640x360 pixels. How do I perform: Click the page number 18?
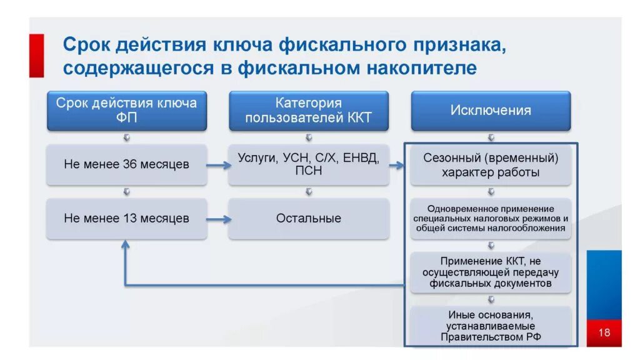pyautogui.click(x=604, y=332)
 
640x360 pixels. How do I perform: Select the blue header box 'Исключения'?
pyautogui.click(x=491, y=111)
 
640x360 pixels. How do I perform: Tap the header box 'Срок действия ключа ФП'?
pyautogui.click(x=127, y=111)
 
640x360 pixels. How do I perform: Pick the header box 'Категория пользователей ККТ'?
pyautogui.click(x=309, y=111)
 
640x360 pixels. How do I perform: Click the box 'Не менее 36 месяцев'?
pyautogui.click(x=127, y=165)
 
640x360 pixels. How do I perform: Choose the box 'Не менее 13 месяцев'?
pyautogui.click(x=127, y=219)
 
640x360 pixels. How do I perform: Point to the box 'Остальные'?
pyautogui.click(x=309, y=219)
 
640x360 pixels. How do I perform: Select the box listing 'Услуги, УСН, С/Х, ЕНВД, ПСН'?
pyautogui.click(x=309, y=164)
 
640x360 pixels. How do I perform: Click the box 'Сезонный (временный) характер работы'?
pyautogui.click(x=491, y=165)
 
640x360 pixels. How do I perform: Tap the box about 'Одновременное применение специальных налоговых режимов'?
pyautogui.click(x=491, y=219)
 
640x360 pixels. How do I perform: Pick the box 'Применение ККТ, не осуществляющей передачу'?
pyautogui.click(x=491, y=272)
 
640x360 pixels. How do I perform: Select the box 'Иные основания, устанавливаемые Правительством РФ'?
pyautogui.click(x=491, y=326)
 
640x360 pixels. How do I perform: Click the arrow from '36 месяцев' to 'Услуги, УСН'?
pyautogui.click(x=217, y=166)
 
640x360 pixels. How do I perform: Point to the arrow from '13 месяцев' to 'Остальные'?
pyautogui.click(x=217, y=219)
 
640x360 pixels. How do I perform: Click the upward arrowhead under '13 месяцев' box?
pyautogui.click(x=126, y=245)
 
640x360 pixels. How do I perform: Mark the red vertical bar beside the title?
pyautogui.click(x=37, y=56)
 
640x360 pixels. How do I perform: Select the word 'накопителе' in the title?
pyautogui.click(x=427, y=67)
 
